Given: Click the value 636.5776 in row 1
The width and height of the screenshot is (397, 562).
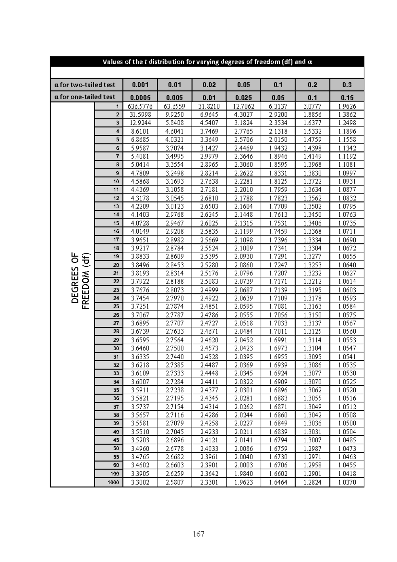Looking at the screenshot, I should [140, 106].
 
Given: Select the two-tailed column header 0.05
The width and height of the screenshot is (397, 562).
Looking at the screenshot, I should [243, 85].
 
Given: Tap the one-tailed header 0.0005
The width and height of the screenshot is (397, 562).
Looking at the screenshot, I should [140, 97].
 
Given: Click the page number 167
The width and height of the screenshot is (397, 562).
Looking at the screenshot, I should [198, 534].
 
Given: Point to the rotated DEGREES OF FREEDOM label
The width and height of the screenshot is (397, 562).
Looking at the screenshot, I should [80, 281].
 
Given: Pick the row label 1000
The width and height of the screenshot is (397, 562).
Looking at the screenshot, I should [113, 482].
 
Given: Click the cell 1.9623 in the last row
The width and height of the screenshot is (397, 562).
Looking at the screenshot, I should [243, 482].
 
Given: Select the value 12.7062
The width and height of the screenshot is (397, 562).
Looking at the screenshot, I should [243, 106].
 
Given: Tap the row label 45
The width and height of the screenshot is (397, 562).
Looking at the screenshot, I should [116, 440].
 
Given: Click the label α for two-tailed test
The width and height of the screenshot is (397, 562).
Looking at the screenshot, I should [85, 85].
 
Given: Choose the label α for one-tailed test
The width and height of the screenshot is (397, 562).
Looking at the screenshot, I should [85, 97].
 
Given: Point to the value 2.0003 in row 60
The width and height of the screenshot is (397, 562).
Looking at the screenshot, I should [243, 465].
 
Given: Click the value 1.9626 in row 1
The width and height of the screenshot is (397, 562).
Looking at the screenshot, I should [347, 106].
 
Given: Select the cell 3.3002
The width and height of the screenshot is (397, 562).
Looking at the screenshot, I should [140, 482].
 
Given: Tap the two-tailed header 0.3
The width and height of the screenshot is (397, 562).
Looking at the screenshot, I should [347, 85].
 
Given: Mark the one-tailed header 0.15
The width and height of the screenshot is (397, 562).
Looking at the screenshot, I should [347, 97].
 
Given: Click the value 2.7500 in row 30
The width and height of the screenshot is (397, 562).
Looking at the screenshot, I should [175, 348].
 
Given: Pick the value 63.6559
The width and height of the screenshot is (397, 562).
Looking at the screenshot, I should [175, 106].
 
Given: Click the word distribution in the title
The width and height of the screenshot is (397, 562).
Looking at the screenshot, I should [166, 62].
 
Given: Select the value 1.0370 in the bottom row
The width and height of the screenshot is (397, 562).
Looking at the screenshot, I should [347, 482].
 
